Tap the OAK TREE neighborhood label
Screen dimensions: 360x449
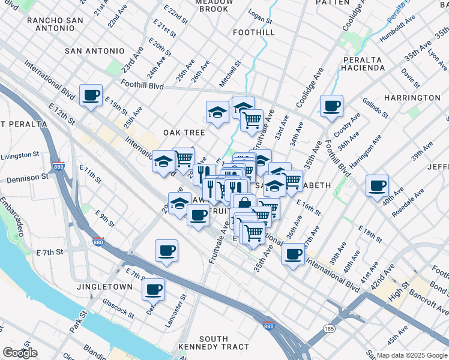184,132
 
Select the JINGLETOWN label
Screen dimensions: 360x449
104,287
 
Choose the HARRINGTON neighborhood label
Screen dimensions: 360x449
412,97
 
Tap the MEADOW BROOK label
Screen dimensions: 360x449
205,5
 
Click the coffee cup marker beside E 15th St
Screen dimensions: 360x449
91,95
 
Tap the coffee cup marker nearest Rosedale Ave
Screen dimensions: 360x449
377,186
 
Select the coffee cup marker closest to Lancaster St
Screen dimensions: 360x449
153,289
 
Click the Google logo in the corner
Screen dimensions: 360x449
20,352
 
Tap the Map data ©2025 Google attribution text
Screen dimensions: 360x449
411,355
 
